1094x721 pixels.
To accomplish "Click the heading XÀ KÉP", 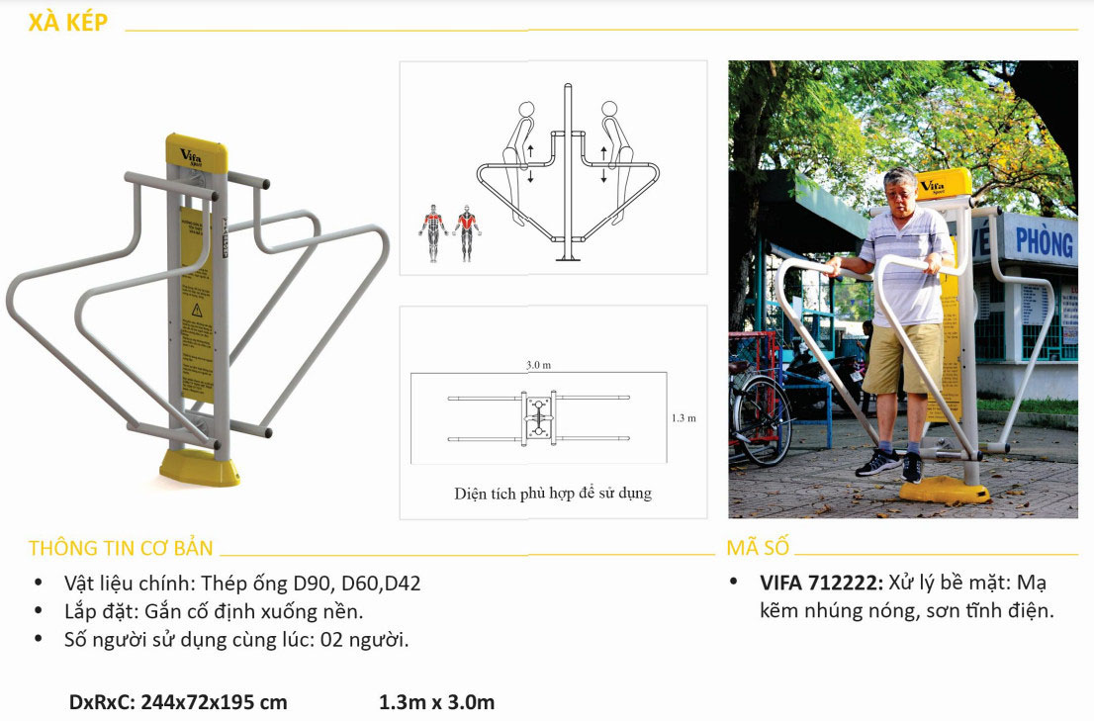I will pos(68,23).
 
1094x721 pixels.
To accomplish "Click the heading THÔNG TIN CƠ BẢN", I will pos(121,548).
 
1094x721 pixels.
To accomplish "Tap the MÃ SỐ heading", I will pos(758,548).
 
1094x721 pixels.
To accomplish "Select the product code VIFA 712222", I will pos(820,583).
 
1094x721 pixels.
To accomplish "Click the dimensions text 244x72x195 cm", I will pos(214,702).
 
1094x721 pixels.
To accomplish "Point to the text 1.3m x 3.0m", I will pos(436,702).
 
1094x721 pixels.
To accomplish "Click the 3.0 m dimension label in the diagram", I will pos(539,365).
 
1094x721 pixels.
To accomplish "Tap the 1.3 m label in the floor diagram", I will pos(683,418).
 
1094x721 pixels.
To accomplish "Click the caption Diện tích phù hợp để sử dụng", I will pos(553,492).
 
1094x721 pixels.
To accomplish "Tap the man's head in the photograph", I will pos(900,192).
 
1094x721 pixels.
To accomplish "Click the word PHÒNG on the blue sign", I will pos(1045,240).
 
